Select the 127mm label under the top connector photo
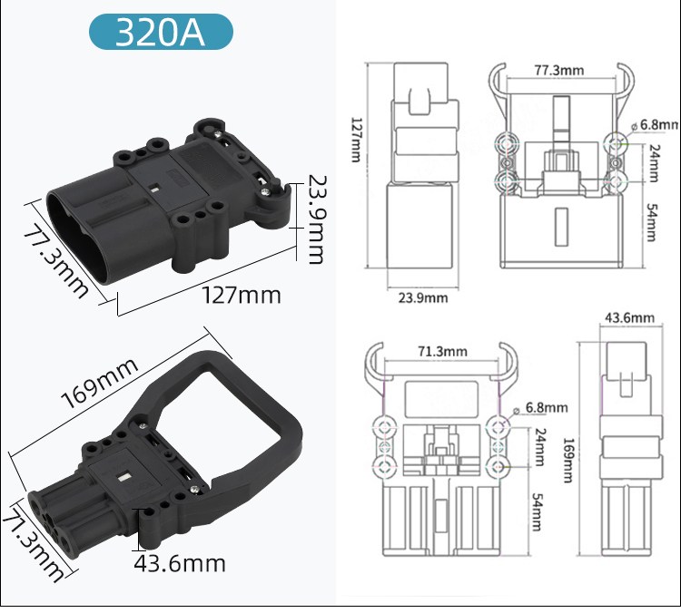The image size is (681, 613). pyautogui.click(x=241, y=296)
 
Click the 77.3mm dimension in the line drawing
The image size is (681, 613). pyautogui.click(x=558, y=70)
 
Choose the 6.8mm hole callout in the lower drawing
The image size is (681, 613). pyautogui.click(x=545, y=408)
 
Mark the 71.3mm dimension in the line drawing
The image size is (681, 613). pyautogui.click(x=443, y=352)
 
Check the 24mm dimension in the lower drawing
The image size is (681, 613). pyautogui.click(x=539, y=447)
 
